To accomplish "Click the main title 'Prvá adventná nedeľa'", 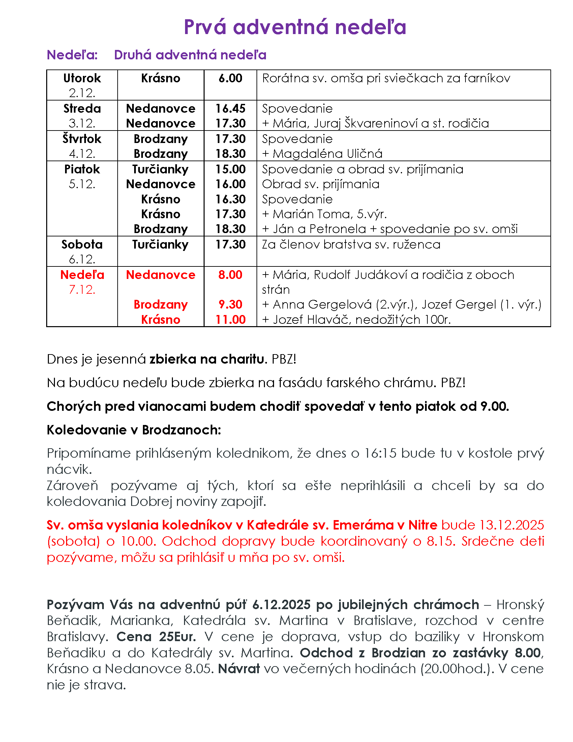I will point(295,27).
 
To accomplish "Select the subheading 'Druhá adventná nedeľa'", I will point(190,55).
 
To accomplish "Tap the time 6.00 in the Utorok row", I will point(230,79).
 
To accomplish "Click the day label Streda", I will point(82,109).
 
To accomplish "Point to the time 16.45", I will point(230,109).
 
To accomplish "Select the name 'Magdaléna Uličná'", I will point(328,154).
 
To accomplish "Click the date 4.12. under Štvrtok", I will point(82,154).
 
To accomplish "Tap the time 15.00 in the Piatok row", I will point(230,169).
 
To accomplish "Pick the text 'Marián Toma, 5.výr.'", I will point(330,214).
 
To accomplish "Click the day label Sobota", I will point(82,245).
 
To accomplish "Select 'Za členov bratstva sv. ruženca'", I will point(351,245).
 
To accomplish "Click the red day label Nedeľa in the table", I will point(82,275).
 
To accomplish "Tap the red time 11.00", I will point(230,320).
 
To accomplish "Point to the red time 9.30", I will point(230,305).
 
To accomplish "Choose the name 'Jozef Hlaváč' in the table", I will point(312,320).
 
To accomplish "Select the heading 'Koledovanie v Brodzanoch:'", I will point(134,430).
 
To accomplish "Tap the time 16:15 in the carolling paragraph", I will point(380,453).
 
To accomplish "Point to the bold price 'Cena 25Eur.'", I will point(156,636).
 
